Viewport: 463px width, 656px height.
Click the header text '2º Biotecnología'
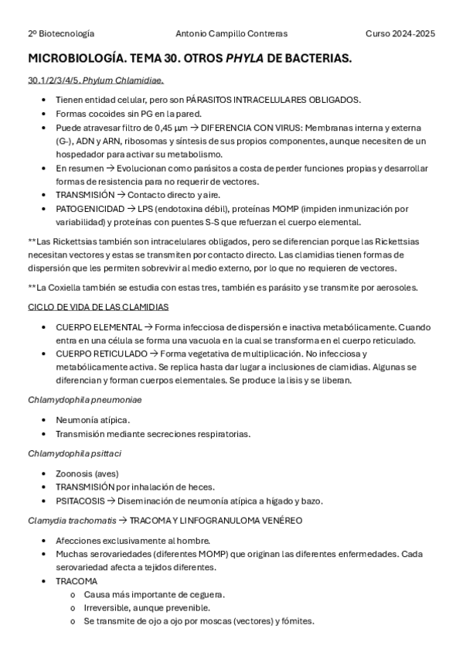tap(61, 34)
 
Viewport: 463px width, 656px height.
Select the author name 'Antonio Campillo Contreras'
tap(231, 34)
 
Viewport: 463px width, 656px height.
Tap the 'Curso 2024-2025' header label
tap(400, 34)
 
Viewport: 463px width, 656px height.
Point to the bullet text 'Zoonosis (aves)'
tap(87, 473)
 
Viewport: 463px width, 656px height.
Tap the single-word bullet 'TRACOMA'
tap(77, 581)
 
